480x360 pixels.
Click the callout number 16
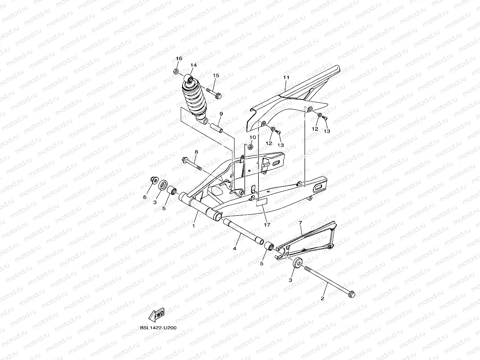pyautogui.click(x=179, y=58)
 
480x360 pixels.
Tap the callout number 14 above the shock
pyautogui.click(x=193, y=65)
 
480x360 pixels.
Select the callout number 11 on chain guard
pyautogui.click(x=286, y=77)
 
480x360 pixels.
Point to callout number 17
pyautogui.click(x=267, y=225)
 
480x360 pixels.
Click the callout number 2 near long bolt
pyautogui.click(x=322, y=298)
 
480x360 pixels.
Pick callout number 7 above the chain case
pyautogui.click(x=300, y=223)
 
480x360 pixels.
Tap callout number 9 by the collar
pyautogui.click(x=221, y=114)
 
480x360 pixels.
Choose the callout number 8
pyautogui.click(x=196, y=152)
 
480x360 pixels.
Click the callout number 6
pyautogui.click(x=145, y=197)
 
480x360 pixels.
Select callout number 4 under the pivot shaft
pyautogui.click(x=235, y=248)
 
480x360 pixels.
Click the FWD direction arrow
pyautogui.click(x=156, y=315)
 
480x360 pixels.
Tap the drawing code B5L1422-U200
pyautogui.click(x=158, y=328)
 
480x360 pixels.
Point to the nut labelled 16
pyautogui.click(x=176, y=72)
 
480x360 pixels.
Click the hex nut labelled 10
pyautogui.click(x=250, y=146)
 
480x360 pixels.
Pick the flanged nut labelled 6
pyautogui.click(x=153, y=180)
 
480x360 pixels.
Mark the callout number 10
pyautogui.click(x=252, y=137)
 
